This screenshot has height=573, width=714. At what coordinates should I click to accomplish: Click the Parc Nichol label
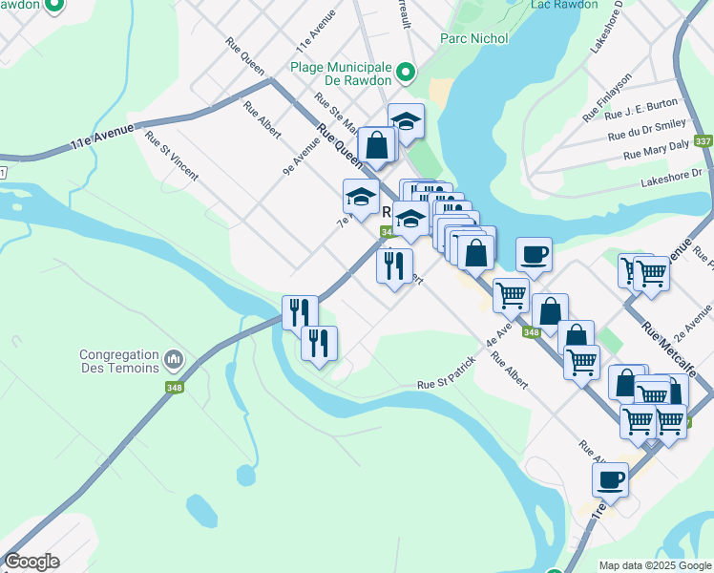[474, 38]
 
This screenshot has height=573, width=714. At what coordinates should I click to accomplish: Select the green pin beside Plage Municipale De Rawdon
[406, 73]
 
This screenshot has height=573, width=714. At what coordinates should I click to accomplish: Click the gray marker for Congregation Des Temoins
[173, 360]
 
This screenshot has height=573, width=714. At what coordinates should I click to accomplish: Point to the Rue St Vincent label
[172, 156]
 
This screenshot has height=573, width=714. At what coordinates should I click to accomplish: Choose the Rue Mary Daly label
[656, 152]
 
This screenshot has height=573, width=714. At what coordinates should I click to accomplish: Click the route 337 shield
[703, 141]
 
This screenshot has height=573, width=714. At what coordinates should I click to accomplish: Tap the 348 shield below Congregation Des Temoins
[173, 388]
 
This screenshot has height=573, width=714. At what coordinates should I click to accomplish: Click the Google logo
[31, 562]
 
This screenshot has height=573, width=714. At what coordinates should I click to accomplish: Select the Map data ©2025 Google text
[656, 565]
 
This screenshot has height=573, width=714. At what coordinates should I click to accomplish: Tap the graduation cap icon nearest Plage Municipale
[406, 121]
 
